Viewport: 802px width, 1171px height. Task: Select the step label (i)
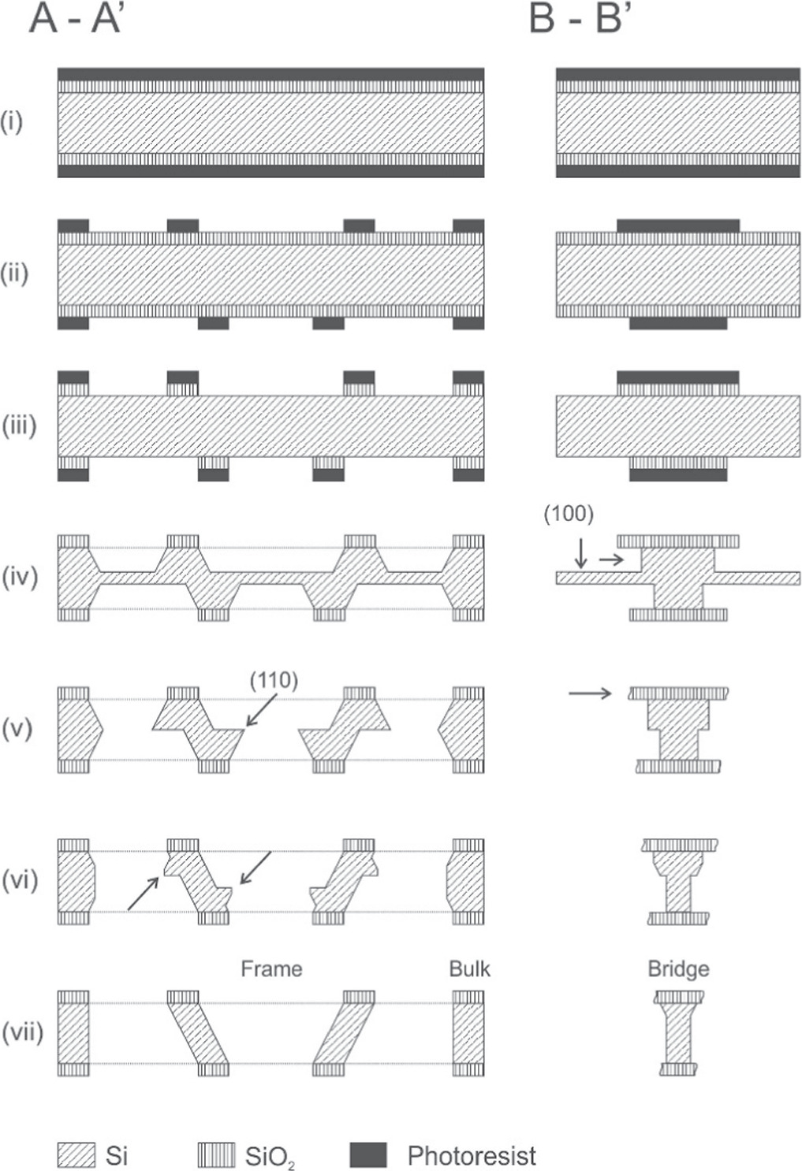coord(12,121)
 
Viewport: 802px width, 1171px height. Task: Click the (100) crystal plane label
coord(569,515)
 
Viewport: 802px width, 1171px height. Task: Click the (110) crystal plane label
coord(274,680)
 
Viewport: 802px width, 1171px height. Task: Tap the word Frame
coord(271,968)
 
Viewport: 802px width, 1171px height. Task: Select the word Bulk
coord(469,968)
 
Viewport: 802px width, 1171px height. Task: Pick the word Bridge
coord(678,968)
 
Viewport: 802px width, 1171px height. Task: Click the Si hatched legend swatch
coord(76,1155)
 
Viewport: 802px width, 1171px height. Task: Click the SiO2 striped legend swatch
coord(216,1155)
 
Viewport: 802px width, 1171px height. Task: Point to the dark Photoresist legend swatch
coord(368,1155)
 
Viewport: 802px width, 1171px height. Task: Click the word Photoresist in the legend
coord(472,1156)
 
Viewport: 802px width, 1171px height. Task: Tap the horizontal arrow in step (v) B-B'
coord(590,693)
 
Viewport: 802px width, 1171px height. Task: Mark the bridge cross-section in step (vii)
coord(678,1032)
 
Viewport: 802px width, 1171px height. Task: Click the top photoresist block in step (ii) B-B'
coord(678,225)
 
